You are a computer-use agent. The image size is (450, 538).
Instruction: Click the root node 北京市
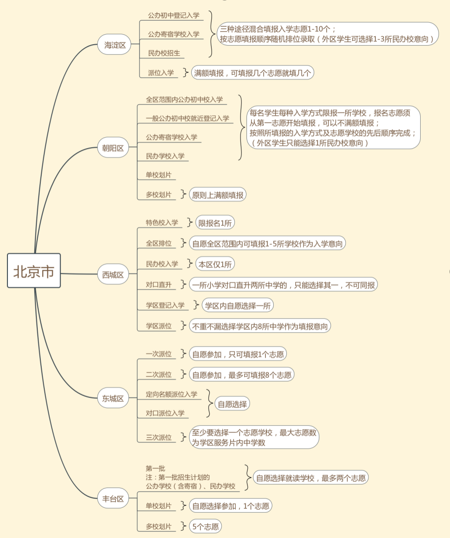click(x=34, y=271)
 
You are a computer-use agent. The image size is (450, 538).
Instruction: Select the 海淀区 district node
click(x=114, y=44)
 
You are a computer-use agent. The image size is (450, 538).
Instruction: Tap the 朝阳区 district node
click(x=113, y=147)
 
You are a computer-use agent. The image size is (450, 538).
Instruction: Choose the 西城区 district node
click(x=113, y=274)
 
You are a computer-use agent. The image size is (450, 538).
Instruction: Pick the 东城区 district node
click(x=113, y=398)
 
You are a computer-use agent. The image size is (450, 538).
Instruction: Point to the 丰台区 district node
click(x=113, y=498)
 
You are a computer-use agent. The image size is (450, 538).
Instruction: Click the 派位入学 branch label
click(x=161, y=73)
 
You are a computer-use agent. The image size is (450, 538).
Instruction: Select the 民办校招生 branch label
click(x=164, y=53)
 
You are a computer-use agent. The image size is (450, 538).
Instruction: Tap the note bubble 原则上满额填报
click(x=218, y=195)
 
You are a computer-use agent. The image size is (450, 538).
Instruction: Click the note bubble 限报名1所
click(x=215, y=223)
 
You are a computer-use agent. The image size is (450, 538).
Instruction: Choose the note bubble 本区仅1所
click(x=215, y=264)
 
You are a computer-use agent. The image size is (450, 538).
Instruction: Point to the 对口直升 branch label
click(x=159, y=285)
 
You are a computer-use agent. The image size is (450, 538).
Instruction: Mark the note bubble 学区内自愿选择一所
click(x=238, y=305)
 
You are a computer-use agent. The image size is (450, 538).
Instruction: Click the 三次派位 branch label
click(x=159, y=438)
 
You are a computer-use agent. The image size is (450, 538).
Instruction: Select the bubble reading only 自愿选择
click(x=232, y=404)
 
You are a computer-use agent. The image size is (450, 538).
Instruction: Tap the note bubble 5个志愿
click(x=205, y=527)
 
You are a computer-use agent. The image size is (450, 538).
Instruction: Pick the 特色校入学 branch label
click(x=162, y=223)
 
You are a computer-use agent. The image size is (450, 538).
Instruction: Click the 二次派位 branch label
click(x=159, y=375)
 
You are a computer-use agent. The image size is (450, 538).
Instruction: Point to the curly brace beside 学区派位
click(x=183, y=326)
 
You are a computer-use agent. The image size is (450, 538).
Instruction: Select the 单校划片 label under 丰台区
click(x=159, y=506)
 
